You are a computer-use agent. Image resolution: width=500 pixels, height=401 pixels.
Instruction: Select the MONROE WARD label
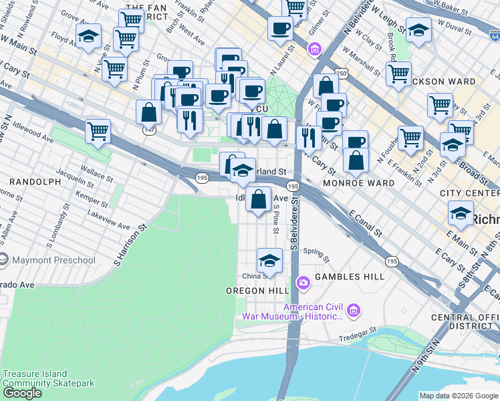click(358, 182)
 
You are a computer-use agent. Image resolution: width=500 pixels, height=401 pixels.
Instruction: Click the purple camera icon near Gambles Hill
click(303, 283)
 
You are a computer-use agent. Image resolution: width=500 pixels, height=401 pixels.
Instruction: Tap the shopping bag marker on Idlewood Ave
click(258, 198)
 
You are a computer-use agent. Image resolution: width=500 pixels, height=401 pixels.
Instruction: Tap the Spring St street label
click(316, 253)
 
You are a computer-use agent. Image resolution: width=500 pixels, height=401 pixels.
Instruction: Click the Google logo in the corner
click(22, 392)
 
